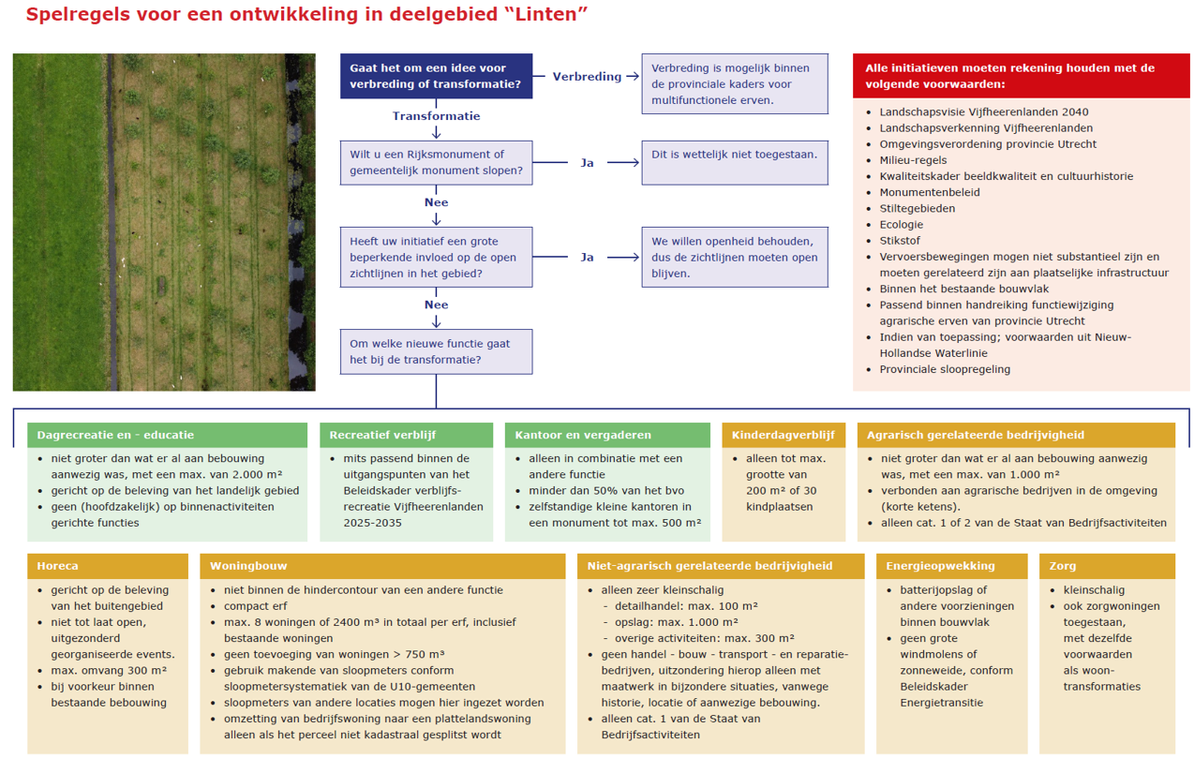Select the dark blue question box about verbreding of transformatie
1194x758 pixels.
436,76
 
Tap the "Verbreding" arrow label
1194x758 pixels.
587,76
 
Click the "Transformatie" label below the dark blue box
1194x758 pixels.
436,116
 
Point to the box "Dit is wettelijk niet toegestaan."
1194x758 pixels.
735,163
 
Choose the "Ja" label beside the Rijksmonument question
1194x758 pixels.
587,163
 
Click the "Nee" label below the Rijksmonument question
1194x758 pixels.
436,202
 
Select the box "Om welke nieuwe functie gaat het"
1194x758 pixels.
436,351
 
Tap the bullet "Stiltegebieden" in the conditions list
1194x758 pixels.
917,208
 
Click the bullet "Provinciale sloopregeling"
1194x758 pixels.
945,369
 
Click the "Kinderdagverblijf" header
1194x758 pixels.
784,435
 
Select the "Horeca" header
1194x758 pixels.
108,566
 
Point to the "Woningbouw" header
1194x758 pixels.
382,566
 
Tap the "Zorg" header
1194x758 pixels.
1107,566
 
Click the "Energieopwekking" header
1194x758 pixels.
951,566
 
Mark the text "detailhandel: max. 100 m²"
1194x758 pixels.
686,606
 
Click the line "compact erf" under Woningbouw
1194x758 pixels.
255,606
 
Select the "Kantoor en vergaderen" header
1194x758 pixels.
607,435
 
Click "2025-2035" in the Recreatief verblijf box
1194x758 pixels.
373,523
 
